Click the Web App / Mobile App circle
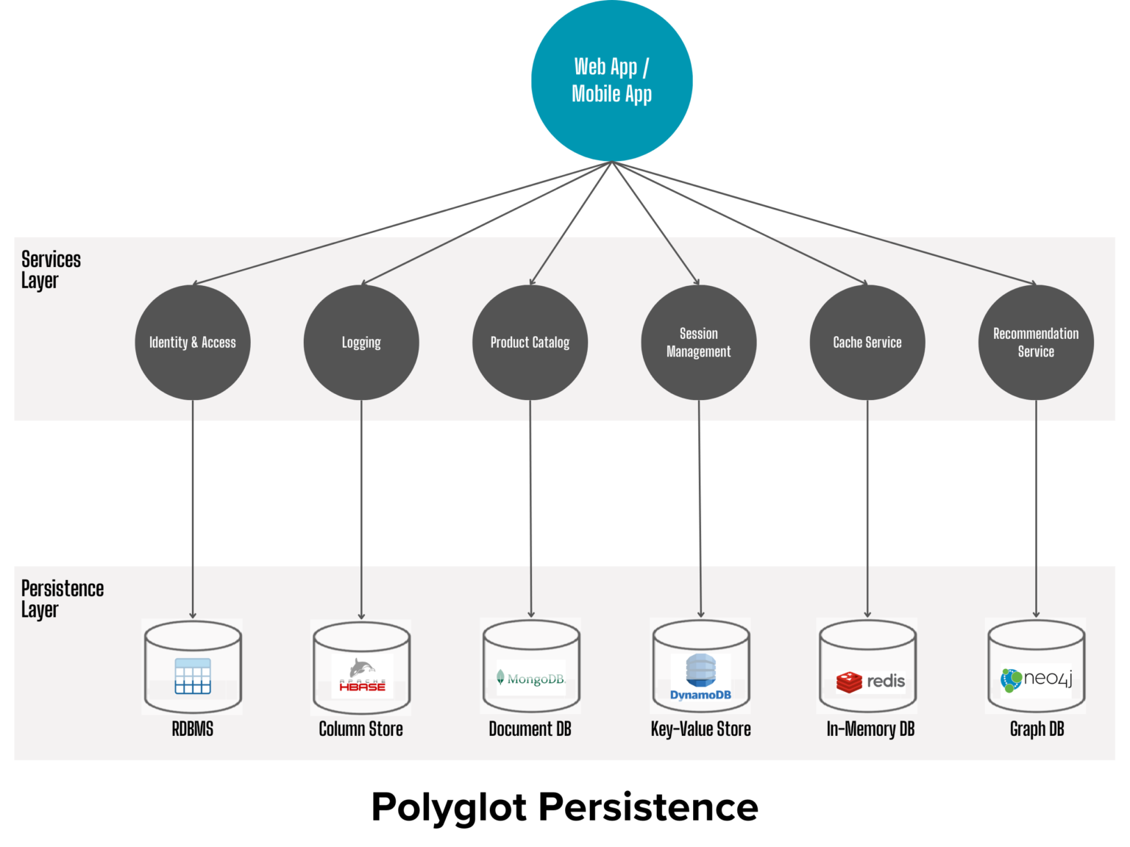tap(611, 80)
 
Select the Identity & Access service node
tap(193, 343)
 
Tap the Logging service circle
tap(361, 343)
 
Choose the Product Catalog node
tap(530, 343)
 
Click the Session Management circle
tap(698, 343)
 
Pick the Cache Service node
tap(867, 343)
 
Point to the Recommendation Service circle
tap(1036, 343)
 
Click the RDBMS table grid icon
tap(193, 676)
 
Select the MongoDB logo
tap(531, 678)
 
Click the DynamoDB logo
tap(700, 677)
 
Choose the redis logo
tap(870, 682)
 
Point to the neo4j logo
tap(1037, 679)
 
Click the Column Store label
tap(360, 729)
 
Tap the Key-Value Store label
tap(700, 729)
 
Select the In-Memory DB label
tap(870, 729)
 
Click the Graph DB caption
tap(1037, 729)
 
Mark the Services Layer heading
tap(51, 270)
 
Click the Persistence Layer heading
tap(62, 598)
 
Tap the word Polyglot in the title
tap(449, 807)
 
